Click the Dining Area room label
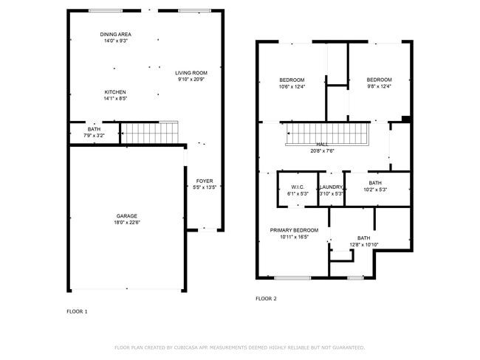point(116,35)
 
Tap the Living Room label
point(191,73)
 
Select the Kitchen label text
point(114,92)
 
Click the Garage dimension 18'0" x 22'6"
point(127,222)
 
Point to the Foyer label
point(204,181)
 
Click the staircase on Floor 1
point(150,133)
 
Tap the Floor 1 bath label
point(95,130)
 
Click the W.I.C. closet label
point(298,187)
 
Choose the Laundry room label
point(331,187)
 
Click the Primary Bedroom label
point(294,230)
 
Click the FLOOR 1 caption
point(77,311)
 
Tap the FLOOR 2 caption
point(266,299)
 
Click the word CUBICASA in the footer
point(191,347)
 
